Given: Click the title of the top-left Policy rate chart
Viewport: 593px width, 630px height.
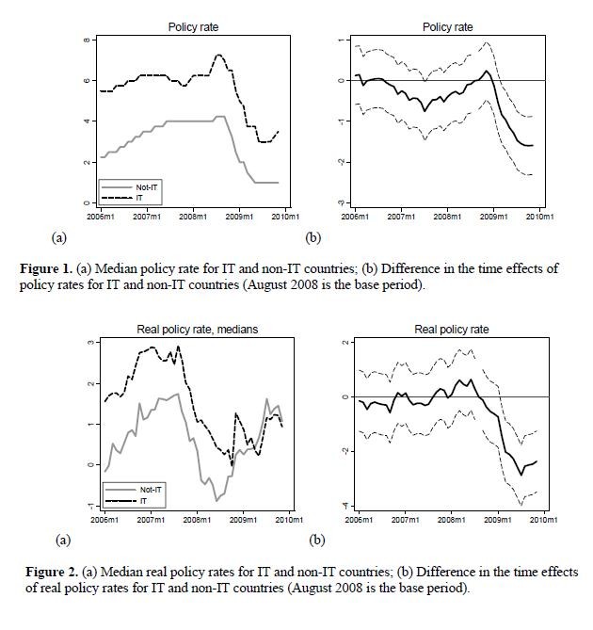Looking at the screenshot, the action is coord(193,27).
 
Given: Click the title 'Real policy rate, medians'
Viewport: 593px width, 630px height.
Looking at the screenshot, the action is coord(197,330).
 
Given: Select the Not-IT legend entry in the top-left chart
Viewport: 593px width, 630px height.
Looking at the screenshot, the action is coord(129,187).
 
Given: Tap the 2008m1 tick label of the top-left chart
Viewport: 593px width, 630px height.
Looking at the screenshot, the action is coord(193,217).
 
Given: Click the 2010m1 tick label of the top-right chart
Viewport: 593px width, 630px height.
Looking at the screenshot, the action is coord(540,217).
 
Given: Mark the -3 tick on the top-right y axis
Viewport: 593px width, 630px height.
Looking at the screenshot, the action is coord(342,202).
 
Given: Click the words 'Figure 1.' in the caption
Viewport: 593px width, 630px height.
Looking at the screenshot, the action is coord(46,268).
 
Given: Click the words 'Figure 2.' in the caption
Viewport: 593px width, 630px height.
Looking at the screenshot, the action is coord(52,572).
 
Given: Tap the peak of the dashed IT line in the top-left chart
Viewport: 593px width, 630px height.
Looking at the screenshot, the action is coord(218,55).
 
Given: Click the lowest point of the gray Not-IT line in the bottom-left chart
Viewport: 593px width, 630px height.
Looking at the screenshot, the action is coord(216,501).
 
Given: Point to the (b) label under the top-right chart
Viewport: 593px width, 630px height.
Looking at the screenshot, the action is coord(313,238).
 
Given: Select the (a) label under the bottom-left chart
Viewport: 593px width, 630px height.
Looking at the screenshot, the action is coord(63,540).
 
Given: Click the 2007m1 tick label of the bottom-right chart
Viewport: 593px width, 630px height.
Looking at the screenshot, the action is coord(405,520).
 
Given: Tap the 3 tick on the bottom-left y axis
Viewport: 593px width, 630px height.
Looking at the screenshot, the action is coord(91,343).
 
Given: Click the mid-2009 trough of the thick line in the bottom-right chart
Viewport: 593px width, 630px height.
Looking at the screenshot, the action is coord(521,475).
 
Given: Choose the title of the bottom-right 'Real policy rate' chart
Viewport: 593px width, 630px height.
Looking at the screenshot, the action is coord(452,330).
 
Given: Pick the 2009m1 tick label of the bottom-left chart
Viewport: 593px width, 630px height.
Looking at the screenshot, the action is coord(243,520).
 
